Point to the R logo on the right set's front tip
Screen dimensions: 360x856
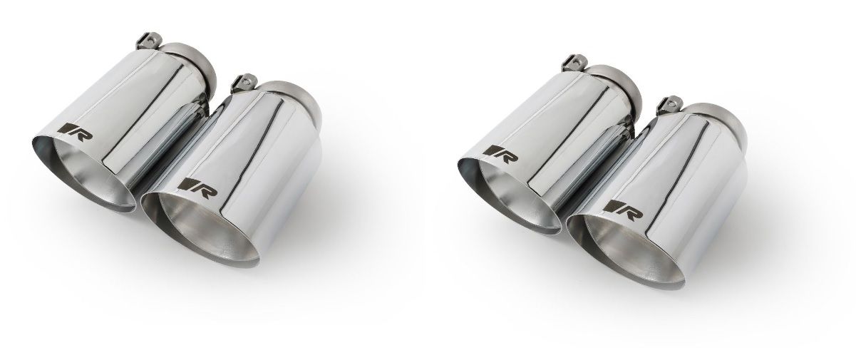click(x=622, y=210)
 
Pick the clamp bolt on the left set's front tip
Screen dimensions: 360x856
click(x=243, y=81)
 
